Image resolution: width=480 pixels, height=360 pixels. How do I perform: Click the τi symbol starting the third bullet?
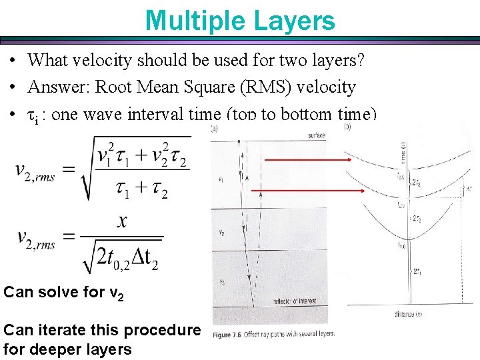[31, 115]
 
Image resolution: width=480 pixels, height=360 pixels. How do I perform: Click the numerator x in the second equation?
[121, 221]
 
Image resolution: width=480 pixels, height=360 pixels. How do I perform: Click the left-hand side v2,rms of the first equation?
[37, 171]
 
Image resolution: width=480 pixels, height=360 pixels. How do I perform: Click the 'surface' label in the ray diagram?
[317, 135]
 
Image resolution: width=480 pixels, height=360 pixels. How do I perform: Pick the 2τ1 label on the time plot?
[416, 271]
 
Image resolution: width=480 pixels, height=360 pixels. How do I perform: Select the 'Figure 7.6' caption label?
[234, 333]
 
